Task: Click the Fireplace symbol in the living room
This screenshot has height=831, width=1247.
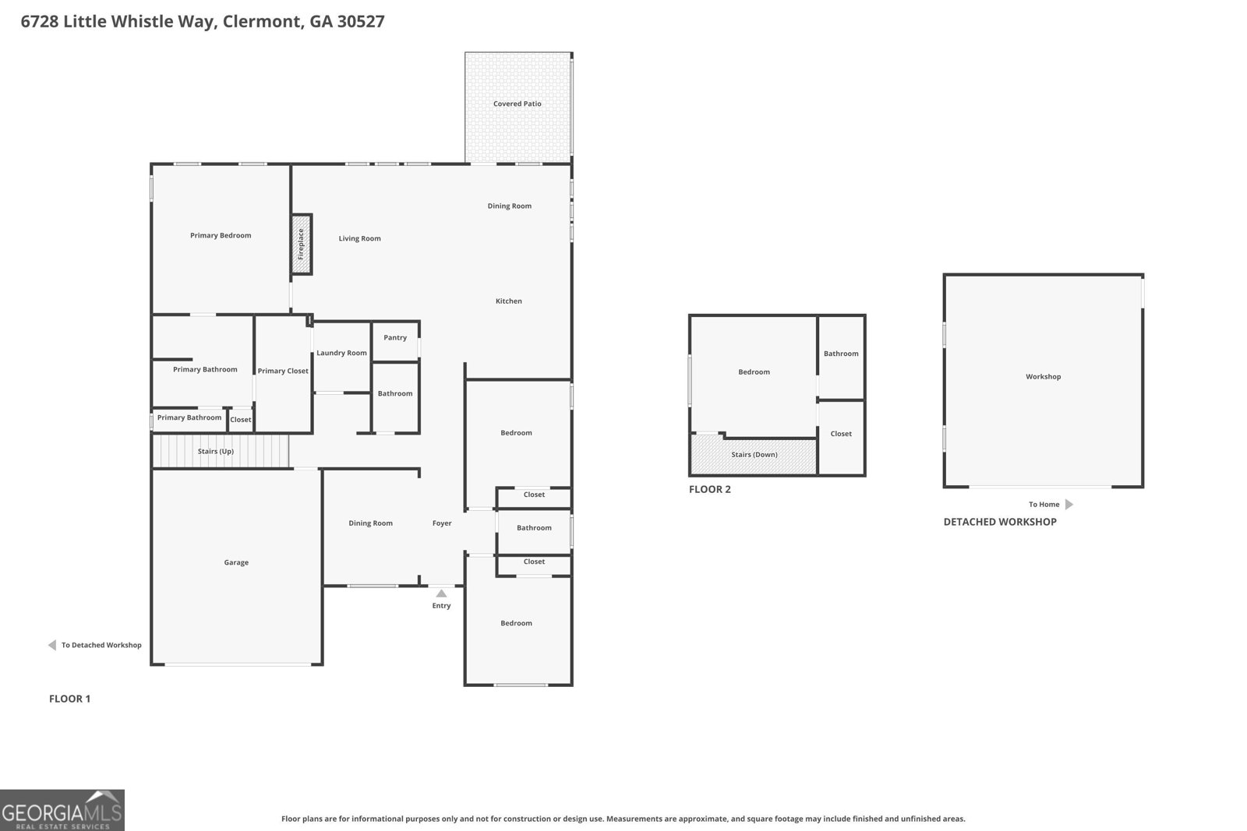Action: pos(302,245)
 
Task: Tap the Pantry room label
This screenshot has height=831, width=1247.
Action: pos(395,338)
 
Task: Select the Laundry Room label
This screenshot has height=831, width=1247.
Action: pos(341,353)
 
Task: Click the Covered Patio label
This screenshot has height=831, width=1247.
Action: pos(517,104)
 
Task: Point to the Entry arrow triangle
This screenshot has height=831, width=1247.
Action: pos(441,593)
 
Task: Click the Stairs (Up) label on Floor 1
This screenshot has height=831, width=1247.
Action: pos(215,452)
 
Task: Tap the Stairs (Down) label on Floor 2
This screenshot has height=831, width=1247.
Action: pos(754,455)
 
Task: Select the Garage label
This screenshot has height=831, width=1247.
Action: pos(236,562)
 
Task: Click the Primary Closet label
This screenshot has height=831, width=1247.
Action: pos(283,371)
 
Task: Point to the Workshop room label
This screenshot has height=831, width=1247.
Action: pos(1043,377)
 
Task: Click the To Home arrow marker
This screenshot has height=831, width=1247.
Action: pos(1069,505)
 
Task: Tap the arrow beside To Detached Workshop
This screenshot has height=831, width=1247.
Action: pos(52,645)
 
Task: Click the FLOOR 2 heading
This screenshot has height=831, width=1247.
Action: pos(709,490)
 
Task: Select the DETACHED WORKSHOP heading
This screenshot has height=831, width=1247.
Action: pos(999,522)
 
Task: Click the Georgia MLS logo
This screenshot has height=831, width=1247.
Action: pos(62,810)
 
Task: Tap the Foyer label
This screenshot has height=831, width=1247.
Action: pos(442,523)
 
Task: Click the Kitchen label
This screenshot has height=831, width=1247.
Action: pos(509,301)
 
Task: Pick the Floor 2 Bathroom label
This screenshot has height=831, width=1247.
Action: pos(841,354)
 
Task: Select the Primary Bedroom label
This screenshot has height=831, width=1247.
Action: pos(221,235)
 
